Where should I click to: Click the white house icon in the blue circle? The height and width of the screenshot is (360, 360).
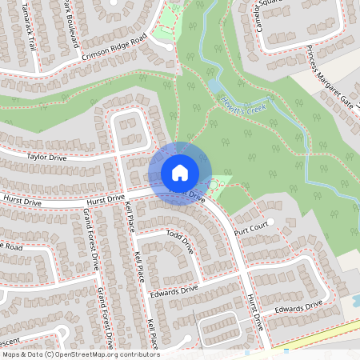179,173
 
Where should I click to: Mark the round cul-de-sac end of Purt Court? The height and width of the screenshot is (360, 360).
271,221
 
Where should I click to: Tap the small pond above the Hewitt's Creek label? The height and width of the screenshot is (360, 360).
214,84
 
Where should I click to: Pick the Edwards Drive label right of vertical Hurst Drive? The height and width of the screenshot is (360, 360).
297,306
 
